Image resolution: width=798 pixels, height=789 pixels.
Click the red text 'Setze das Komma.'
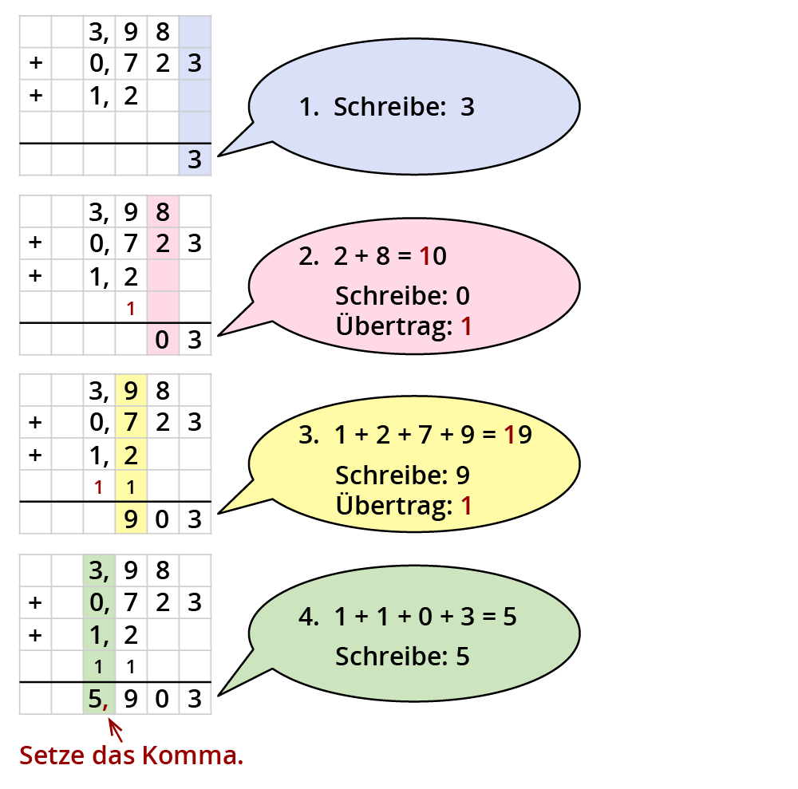(131, 755)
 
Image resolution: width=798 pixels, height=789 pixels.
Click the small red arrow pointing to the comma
(115, 728)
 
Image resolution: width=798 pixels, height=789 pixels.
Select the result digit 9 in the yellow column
(131, 520)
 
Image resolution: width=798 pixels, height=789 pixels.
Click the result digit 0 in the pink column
(162, 341)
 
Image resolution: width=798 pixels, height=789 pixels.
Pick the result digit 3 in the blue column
(195, 160)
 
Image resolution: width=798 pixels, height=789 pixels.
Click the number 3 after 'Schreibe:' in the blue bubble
(468, 107)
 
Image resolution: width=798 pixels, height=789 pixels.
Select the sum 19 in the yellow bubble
(519, 436)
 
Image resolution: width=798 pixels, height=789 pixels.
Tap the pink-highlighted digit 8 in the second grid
(163, 212)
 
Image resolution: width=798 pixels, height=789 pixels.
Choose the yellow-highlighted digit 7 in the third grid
(131, 421)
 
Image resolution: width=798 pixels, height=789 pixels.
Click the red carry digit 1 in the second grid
(130, 308)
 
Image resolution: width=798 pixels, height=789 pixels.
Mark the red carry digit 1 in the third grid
(98, 487)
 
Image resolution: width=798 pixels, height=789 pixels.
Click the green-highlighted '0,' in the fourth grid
(99, 602)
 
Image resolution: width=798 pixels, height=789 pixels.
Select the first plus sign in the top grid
(34, 64)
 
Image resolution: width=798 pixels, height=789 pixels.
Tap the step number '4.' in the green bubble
(309, 617)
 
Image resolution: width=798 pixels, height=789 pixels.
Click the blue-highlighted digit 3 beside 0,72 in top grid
(195, 64)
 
